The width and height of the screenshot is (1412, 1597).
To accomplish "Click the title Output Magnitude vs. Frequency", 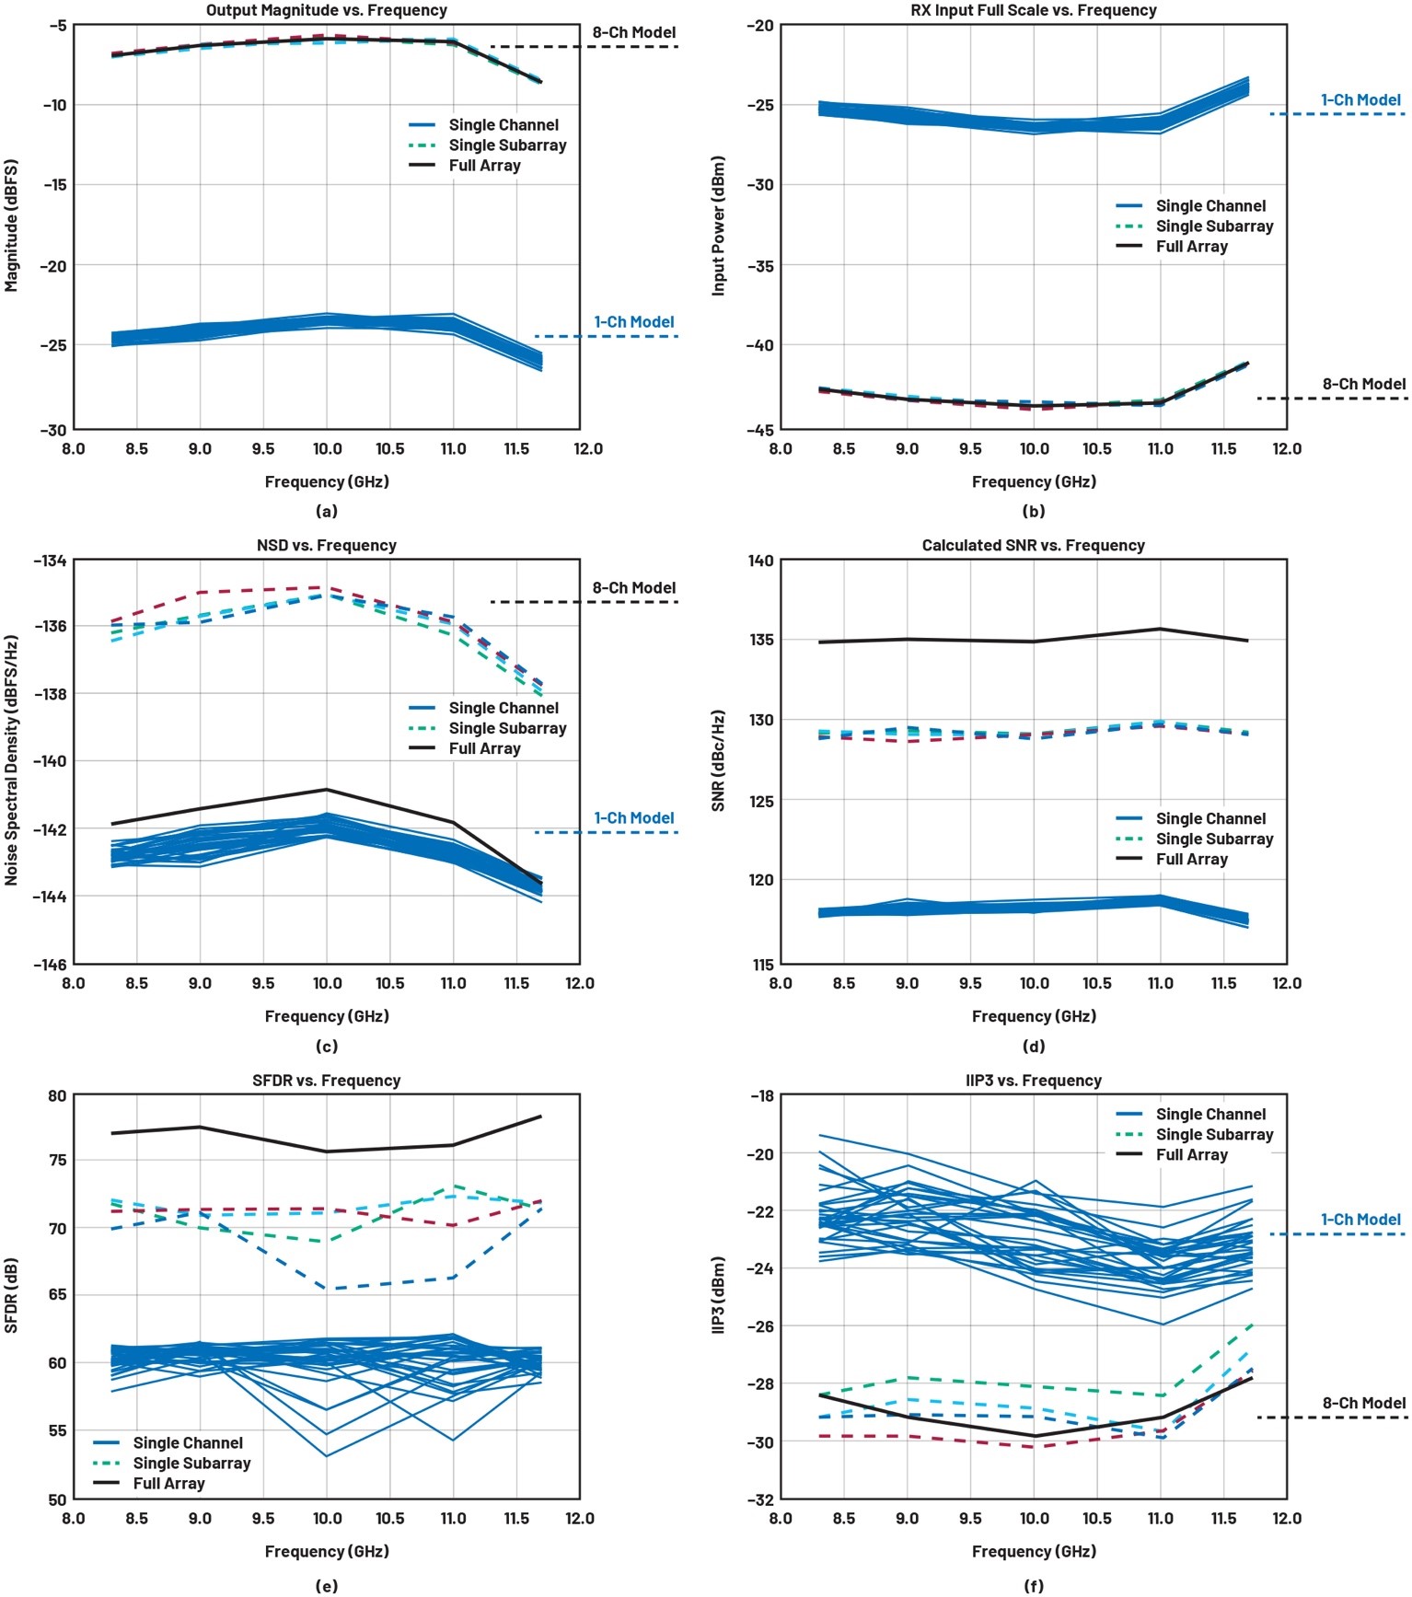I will (326, 10).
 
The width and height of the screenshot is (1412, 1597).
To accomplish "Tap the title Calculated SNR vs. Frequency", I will (1033, 545).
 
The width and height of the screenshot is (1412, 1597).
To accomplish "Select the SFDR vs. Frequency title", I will (326, 1080).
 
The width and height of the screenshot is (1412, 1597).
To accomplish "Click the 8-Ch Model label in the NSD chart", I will (633, 587).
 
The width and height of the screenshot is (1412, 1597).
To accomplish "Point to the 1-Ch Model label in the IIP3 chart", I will (1360, 1219).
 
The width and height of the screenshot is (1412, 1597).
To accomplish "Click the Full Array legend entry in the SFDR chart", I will (168, 1483).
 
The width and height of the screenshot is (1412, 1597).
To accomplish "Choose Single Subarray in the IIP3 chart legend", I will (1214, 1134).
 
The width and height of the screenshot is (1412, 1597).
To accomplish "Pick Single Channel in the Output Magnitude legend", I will (503, 124).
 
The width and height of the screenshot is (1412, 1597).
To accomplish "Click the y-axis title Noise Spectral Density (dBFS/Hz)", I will (11, 759).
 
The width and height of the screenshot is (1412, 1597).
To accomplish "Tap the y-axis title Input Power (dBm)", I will (718, 226).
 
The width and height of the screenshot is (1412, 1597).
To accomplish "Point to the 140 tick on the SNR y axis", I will (761, 560).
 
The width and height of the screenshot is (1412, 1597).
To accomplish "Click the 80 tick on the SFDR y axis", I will (57, 1095).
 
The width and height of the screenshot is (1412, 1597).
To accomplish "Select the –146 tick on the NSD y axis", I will (51, 964).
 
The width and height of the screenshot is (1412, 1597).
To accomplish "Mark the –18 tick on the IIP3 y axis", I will (761, 1095).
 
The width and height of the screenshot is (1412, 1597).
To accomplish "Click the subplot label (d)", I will (1033, 1046).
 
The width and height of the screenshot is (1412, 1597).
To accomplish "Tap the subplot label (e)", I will (326, 1585).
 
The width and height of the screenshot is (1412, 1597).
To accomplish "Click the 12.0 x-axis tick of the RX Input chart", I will (1286, 448).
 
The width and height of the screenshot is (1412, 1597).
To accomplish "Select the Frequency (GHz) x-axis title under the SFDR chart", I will (326, 1551).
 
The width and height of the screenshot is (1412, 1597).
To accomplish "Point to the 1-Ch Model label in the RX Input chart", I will (1360, 99).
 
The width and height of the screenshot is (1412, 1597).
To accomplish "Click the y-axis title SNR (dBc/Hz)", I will (718, 760).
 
